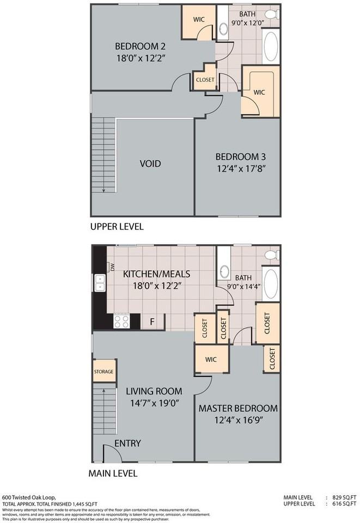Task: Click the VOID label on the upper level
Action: click(x=150, y=163)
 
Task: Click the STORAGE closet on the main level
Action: click(x=103, y=372)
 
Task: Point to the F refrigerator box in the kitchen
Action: click(x=153, y=321)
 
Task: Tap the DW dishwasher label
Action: click(x=112, y=267)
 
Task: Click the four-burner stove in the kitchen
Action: click(x=121, y=321)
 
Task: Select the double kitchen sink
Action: click(x=100, y=282)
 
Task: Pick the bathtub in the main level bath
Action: click(x=271, y=283)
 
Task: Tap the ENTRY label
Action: click(x=127, y=443)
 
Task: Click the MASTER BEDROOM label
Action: click(x=237, y=408)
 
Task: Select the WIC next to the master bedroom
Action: click(x=211, y=360)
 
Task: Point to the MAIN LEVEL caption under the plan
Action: click(x=113, y=473)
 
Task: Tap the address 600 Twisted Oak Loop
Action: click(x=28, y=497)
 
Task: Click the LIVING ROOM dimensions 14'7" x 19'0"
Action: click(x=154, y=404)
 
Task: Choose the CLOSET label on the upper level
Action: click(x=204, y=80)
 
